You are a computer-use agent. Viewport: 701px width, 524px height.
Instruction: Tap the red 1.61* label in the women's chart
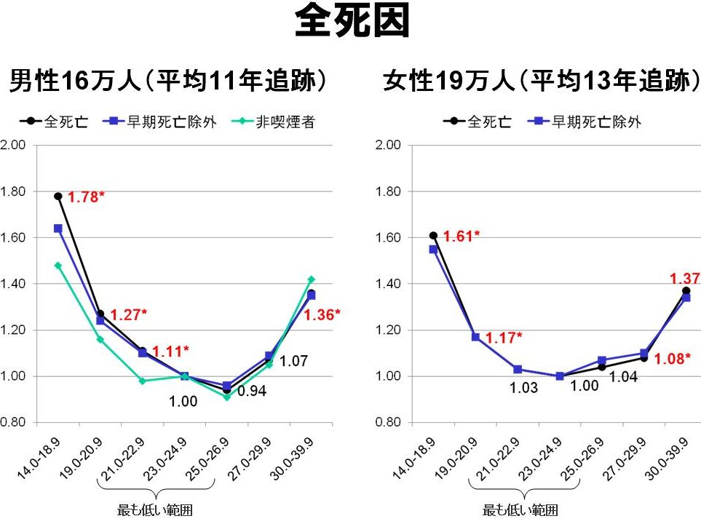coord(462,237)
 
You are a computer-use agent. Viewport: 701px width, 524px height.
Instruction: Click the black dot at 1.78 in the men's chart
coord(58,196)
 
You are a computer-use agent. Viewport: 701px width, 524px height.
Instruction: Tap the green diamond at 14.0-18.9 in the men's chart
coord(58,266)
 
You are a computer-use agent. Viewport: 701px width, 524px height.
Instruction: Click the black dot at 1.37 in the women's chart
coord(686,291)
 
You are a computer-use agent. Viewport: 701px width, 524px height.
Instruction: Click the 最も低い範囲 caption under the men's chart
coord(155,510)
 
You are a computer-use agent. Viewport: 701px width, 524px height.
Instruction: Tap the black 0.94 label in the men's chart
coord(253,392)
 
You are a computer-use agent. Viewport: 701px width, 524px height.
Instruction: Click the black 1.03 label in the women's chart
coord(523,388)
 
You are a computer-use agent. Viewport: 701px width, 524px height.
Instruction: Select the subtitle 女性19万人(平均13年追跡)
coord(539,81)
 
